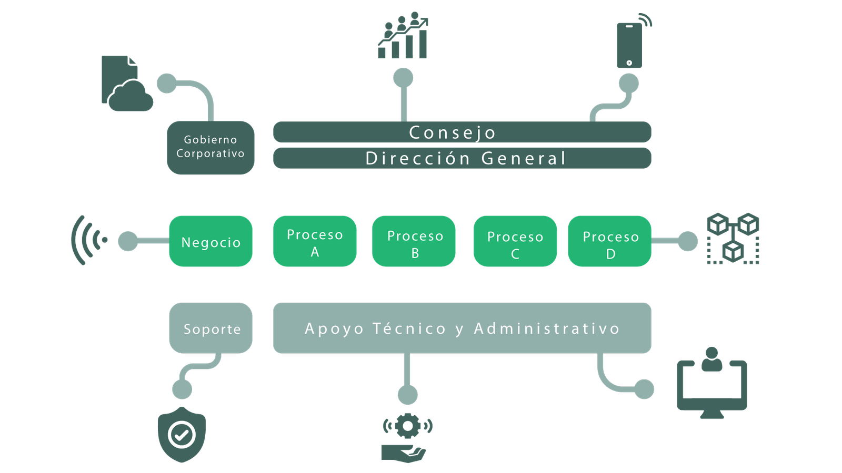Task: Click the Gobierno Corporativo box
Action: click(x=210, y=147)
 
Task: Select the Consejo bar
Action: click(x=462, y=132)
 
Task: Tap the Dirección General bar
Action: click(x=462, y=158)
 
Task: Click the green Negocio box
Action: click(x=210, y=241)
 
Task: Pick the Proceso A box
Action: click(x=315, y=241)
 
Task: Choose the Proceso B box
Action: click(x=414, y=241)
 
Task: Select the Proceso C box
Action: click(x=515, y=241)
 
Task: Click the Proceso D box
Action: click(x=610, y=241)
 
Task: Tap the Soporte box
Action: click(x=210, y=328)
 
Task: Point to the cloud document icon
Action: click(x=126, y=84)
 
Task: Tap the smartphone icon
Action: click(x=630, y=44)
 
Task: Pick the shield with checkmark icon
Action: click(x=182, y=435)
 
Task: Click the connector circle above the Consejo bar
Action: click(x=403, y=78)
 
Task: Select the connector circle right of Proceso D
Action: click(x=687, y=241)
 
